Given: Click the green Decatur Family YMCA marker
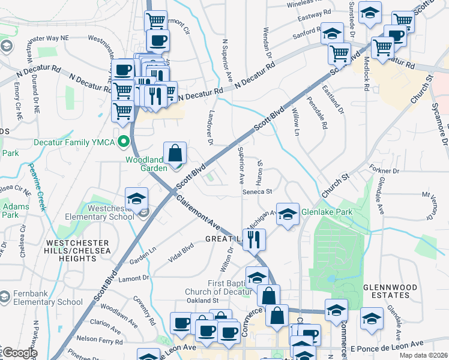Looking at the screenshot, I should pos(124,142).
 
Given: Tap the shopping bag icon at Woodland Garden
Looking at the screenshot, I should pos(175,154).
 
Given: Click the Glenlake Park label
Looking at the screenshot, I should pos(327,212).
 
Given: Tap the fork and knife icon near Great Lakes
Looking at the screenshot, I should pos(254,239).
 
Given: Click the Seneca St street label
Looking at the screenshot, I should pos(258,193).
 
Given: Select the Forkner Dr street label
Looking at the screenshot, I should pos(385,171).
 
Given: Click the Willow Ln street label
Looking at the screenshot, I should pos(295,121).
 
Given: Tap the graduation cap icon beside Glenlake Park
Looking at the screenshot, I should pos(288,214).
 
